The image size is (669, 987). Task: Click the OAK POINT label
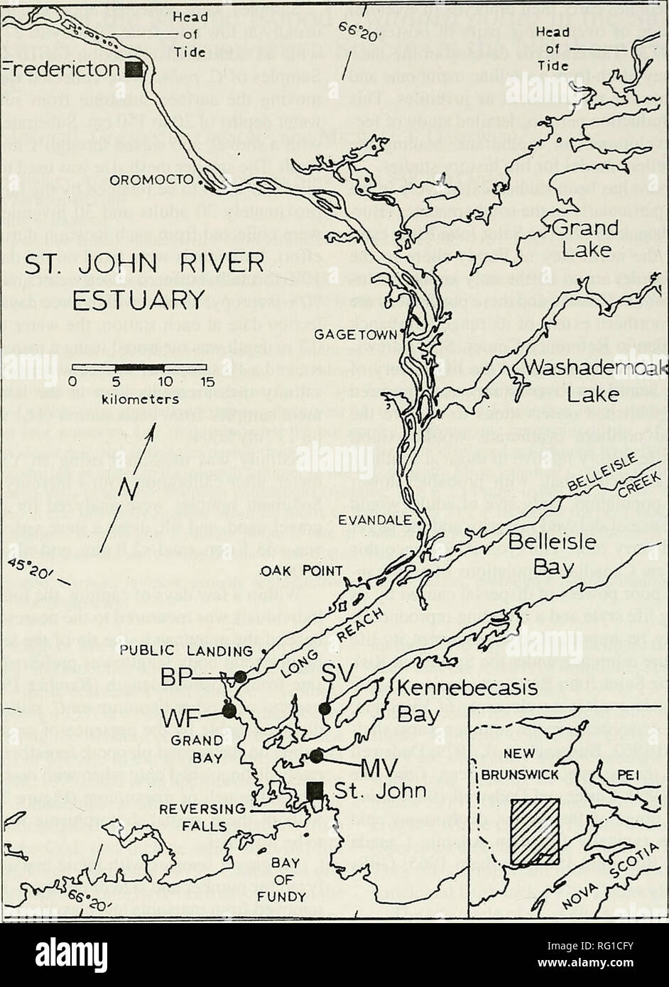[x=291, y=570]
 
